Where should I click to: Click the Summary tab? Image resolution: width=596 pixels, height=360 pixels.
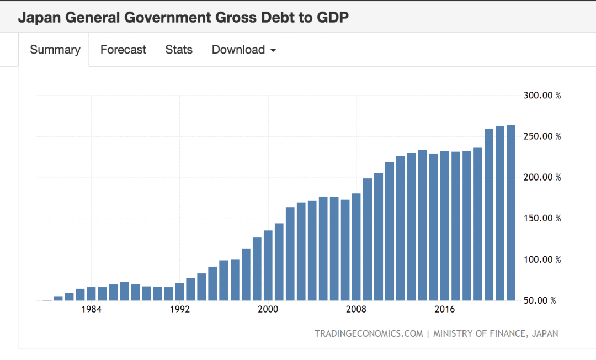coord(55,50)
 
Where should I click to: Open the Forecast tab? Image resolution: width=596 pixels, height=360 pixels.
coord(123,50)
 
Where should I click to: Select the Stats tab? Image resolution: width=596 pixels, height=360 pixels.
coord(179,50)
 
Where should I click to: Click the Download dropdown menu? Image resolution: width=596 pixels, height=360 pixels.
coord(243,50)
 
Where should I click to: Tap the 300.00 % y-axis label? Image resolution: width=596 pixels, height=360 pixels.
coord(542,96)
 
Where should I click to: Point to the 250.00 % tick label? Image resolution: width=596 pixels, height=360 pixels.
coord(542,136)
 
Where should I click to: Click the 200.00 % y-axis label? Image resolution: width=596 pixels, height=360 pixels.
coord(542,177)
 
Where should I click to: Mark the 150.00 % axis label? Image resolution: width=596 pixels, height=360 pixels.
coord(542,218)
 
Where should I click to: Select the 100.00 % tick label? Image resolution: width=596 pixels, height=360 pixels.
coord(542,260)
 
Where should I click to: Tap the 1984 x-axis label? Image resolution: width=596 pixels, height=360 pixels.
coord(91,309)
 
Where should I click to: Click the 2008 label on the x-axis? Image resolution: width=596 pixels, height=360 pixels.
coord(356,309)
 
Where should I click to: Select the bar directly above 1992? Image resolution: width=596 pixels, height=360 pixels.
coord(180,292)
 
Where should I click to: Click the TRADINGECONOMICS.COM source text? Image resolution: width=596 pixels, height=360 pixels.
coord(369,333)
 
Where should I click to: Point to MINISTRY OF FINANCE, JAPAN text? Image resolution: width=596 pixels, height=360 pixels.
coord(496,333)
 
